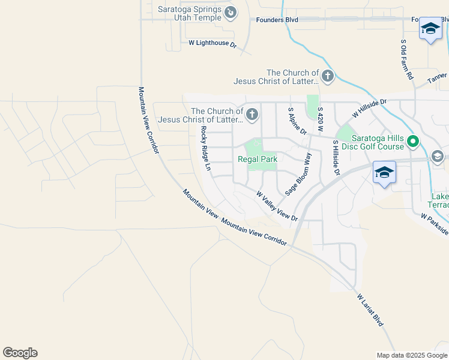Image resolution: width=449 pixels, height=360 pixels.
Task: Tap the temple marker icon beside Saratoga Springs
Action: pos(230,11)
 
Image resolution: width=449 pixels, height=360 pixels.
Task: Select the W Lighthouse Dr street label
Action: pos(212,44)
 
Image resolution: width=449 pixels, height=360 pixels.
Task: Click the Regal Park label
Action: pos(258,159)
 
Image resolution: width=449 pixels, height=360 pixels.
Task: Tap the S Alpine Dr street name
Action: pos(298,121)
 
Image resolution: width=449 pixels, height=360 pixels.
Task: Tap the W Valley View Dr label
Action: pos(277,206)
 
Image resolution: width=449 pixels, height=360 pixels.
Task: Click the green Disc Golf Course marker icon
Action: pos(413,142)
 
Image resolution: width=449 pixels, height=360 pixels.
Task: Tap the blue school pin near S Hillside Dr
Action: pos(384,173)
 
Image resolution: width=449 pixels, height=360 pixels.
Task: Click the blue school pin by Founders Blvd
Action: pos(430,29)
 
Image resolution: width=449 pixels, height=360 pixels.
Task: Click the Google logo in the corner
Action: pos(20,353)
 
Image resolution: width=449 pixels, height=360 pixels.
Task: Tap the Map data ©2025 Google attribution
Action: pos(411,355)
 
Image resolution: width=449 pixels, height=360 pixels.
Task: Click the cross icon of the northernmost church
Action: pos(327,76)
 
